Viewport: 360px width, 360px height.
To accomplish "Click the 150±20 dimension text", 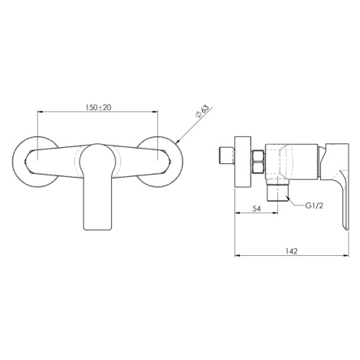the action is click(x=98, y=107).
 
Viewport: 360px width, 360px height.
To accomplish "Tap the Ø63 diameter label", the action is click(x=202, y=111).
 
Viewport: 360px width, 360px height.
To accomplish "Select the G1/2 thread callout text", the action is click(x=314, y=205).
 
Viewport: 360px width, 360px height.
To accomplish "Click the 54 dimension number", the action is click(x=257, y=208).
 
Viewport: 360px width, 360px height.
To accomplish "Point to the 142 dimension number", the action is click(x=292, y=251).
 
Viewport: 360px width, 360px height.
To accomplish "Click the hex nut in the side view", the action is click(x=259, y=162).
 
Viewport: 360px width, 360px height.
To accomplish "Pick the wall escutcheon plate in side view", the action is click(x=243, y=162).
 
